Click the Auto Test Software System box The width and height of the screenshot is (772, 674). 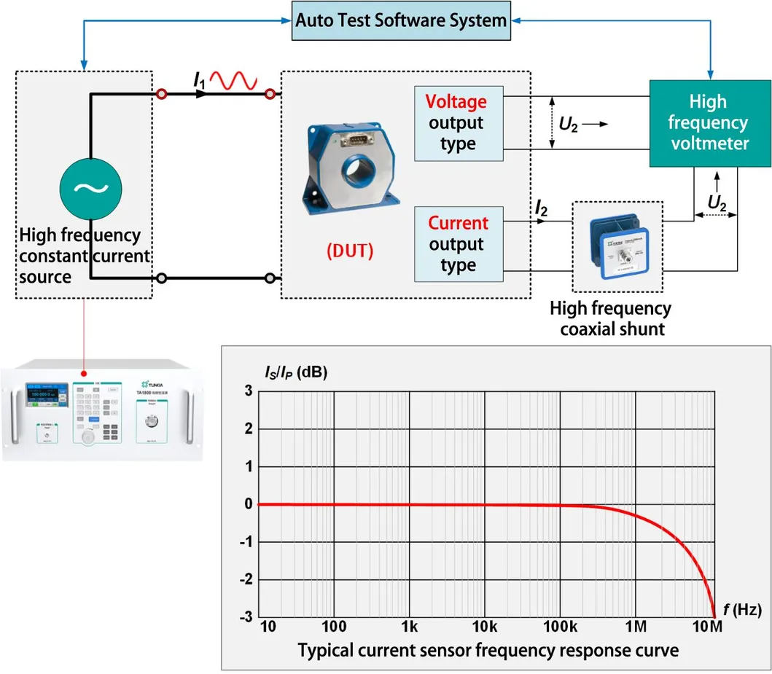(x=400, y=20)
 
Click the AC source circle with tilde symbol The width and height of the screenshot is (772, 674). (x=90, y=189)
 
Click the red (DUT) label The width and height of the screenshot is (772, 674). (x=348, y=251)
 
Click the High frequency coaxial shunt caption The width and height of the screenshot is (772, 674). (x=611, y=318)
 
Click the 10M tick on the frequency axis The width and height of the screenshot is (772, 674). (x=706, y=627)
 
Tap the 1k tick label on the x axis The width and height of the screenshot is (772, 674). (x=409, y=627)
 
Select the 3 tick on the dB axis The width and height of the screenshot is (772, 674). (x=248, y=391)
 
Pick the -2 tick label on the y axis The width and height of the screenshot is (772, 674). (x=246, y=579)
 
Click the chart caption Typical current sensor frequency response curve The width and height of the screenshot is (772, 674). (x=488, y=650)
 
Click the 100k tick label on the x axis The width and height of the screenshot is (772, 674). (x=560, y=627)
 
